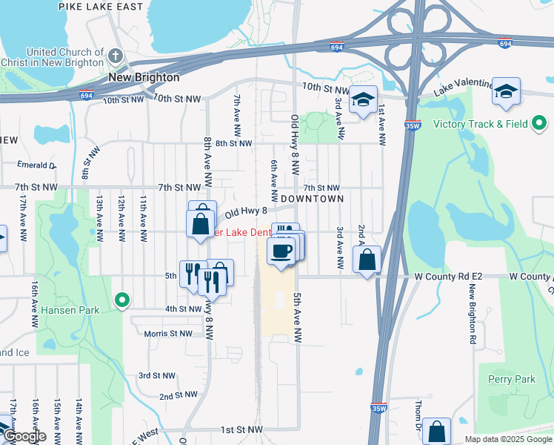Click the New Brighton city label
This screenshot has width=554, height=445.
(x=144, y=77)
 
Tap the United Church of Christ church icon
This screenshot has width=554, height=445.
(x=115, y=56)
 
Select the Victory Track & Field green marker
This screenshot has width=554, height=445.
(x=540, y=123)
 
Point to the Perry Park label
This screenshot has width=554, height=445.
(x=511, y=380)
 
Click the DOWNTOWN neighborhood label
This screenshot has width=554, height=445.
(x=312, y=199)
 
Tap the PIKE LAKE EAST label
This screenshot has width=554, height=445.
(x=101, y=7)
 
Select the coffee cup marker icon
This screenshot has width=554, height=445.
(x=281, y=251)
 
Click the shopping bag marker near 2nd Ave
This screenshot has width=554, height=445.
(x=367, y=260)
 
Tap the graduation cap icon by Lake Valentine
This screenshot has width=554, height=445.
(x=506, y=92)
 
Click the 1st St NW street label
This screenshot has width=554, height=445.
(x=241, y=429)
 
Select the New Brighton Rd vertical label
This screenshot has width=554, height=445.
(x=471, y=317)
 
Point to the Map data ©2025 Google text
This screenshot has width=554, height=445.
(x=507, y=439)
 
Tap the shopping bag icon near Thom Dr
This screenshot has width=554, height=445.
(x=437, y=432)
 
